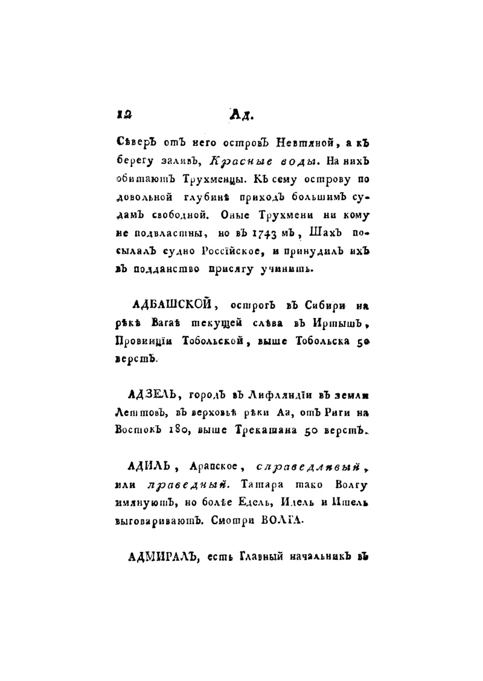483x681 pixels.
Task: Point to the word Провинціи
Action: coord(140,342)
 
